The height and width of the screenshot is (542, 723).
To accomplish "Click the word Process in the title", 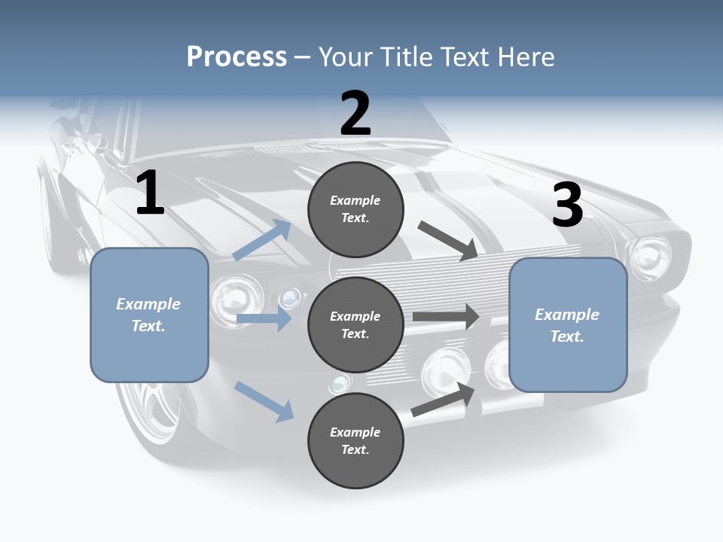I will click(236, 57).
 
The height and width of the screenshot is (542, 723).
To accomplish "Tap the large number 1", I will click(150, 193).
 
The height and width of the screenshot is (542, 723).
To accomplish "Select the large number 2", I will click(355, 114).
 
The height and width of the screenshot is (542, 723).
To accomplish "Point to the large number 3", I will click(567, 205).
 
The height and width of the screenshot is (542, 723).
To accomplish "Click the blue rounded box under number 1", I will click(149, 315).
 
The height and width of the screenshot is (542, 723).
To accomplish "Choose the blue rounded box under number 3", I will click(568, 324).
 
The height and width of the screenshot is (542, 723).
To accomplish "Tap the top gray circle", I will click(355, 209).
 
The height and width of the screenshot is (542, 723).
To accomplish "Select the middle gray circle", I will click(355, 324).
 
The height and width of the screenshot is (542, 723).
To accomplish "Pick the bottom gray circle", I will click(355, 440).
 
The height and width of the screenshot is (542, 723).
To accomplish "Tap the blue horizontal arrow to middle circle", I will click(264, 318).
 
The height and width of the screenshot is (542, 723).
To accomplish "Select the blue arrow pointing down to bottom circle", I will click(264, 401).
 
